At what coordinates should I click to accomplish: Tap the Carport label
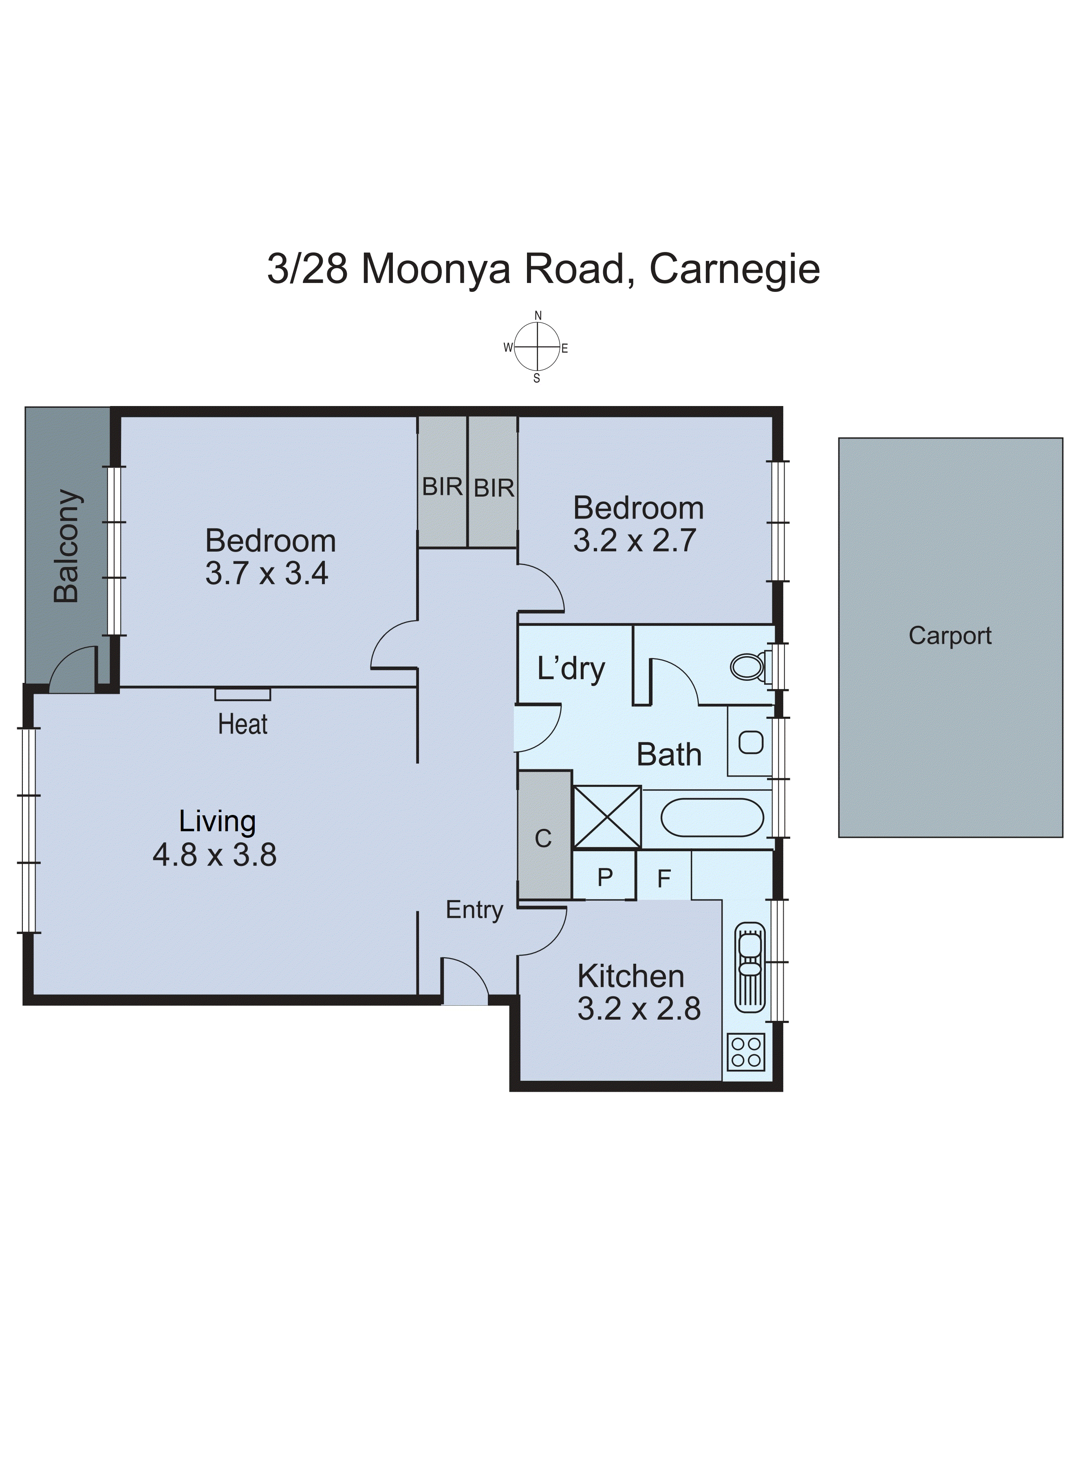point(950,636)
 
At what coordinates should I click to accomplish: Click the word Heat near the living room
point(242,724)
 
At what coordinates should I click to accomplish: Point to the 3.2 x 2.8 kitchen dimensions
point(639,1009)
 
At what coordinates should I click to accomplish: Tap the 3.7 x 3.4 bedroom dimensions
point(267,574)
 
